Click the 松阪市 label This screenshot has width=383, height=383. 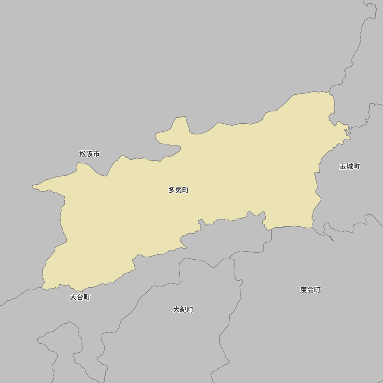[89, 154]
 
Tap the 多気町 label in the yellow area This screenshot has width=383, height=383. [178, 190]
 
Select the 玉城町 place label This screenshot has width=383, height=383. [350, 167]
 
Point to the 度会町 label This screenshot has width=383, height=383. [310, 290]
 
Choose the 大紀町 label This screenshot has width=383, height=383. [183, 309]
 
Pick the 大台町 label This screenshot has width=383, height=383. [80, 297]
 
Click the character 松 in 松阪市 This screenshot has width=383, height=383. [83, 154]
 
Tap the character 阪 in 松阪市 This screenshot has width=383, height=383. [89, 154]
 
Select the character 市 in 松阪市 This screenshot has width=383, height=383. [96, 154]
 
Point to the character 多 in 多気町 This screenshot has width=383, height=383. [172, 190]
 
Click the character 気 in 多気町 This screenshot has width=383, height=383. [178, 190]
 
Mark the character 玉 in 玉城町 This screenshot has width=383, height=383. [343, 167]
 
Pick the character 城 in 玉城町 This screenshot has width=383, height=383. [350, 167]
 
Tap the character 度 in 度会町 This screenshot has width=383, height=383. [304, 290]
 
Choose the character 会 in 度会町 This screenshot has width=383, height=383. [310, 290]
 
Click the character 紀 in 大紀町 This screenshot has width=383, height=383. [183, 309]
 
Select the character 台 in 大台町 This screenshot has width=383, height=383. [80, 297]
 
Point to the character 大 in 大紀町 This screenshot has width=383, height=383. [177, 309]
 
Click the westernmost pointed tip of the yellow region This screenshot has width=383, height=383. [32, 187]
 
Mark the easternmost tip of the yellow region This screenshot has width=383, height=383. [350, 137]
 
